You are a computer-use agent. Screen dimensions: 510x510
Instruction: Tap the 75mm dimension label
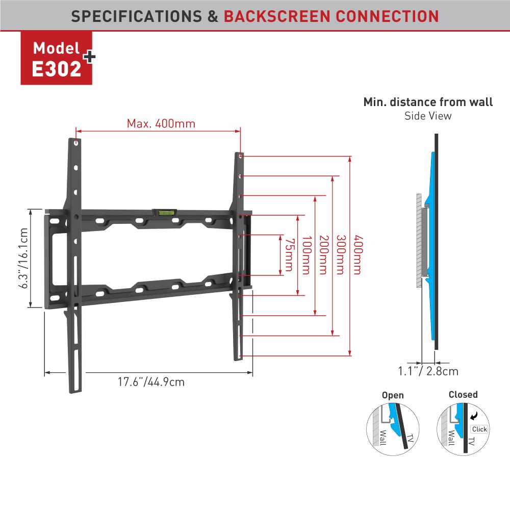290,255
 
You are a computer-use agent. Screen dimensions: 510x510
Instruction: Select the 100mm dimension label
307,255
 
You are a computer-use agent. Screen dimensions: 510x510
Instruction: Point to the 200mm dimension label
324,255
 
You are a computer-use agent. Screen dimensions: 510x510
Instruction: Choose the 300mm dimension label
341,255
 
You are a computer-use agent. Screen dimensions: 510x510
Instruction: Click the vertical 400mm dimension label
358,255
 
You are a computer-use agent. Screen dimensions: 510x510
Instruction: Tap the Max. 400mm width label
161,123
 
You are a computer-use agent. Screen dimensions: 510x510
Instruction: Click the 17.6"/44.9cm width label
151,381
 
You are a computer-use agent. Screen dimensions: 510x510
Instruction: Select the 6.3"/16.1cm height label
23,258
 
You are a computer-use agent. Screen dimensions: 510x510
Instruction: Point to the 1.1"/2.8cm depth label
428,371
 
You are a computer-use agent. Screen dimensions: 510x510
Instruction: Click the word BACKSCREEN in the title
277,16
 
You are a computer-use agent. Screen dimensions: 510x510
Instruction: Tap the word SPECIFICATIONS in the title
137,16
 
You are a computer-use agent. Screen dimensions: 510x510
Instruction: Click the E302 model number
56,69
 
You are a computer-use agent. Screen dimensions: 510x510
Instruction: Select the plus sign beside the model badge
89,57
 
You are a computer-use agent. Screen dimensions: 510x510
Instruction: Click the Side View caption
428,116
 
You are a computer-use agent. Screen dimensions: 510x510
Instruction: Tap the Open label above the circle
393,395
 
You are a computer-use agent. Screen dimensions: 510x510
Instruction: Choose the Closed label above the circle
463,395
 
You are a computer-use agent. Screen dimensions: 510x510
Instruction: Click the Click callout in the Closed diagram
479,429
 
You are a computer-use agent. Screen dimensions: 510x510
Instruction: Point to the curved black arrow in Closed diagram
474,416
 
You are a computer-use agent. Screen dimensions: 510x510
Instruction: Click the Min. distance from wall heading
428,102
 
